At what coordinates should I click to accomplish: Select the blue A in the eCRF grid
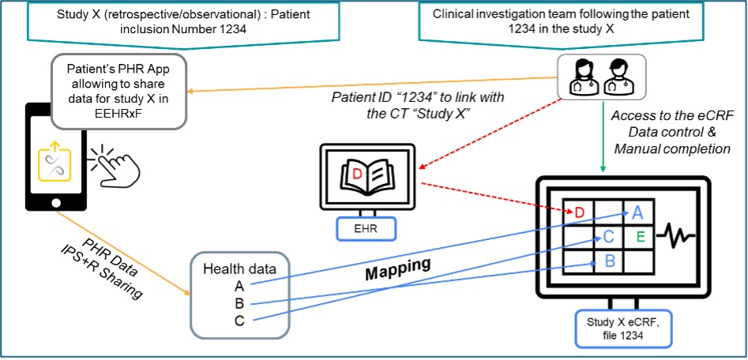pyautogui.click(x=637, y=212)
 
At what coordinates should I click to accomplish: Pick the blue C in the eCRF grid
pyautogui.click(x=609, y=235)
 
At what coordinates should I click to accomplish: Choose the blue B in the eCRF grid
pyautogui.click(x=609, y=258)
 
